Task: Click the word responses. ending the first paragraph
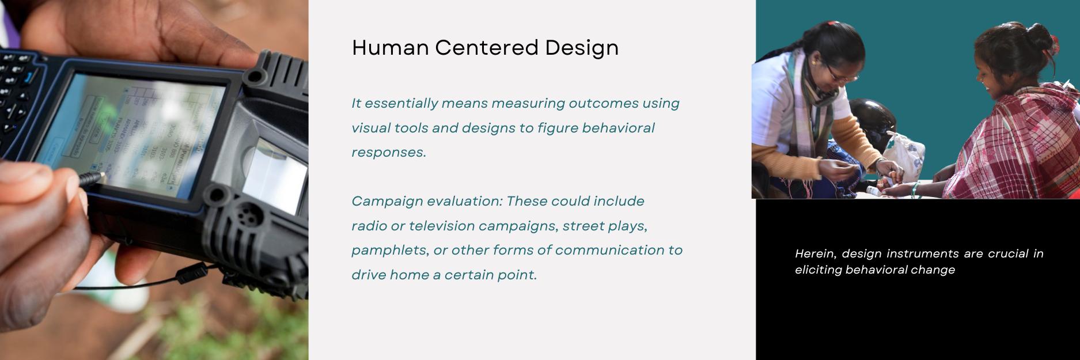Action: click(389, 153)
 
